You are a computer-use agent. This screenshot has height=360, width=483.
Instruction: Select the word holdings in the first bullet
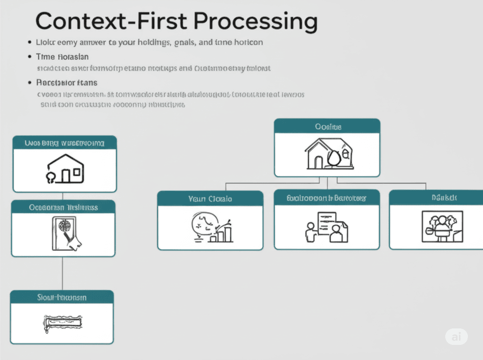click(152, 42)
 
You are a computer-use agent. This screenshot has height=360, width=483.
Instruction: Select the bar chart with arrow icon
click(213, 228)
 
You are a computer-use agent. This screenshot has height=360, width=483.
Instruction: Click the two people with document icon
click(326, 227)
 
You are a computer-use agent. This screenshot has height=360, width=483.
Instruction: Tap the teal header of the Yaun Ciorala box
click(210, 198)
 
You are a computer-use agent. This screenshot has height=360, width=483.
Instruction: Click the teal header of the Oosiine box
click(327, 126)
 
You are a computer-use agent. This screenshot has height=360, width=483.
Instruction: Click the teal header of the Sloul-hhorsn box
click(62, 297)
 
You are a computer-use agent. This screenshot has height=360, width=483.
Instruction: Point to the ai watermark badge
click(457, 336)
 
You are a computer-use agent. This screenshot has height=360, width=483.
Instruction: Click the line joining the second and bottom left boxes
click(63, 273)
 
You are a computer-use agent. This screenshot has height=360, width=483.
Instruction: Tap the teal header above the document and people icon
click(326, 198)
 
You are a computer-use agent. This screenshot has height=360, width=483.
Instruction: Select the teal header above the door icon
click(63, 207)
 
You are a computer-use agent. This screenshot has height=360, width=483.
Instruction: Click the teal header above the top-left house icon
click(65, 142)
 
